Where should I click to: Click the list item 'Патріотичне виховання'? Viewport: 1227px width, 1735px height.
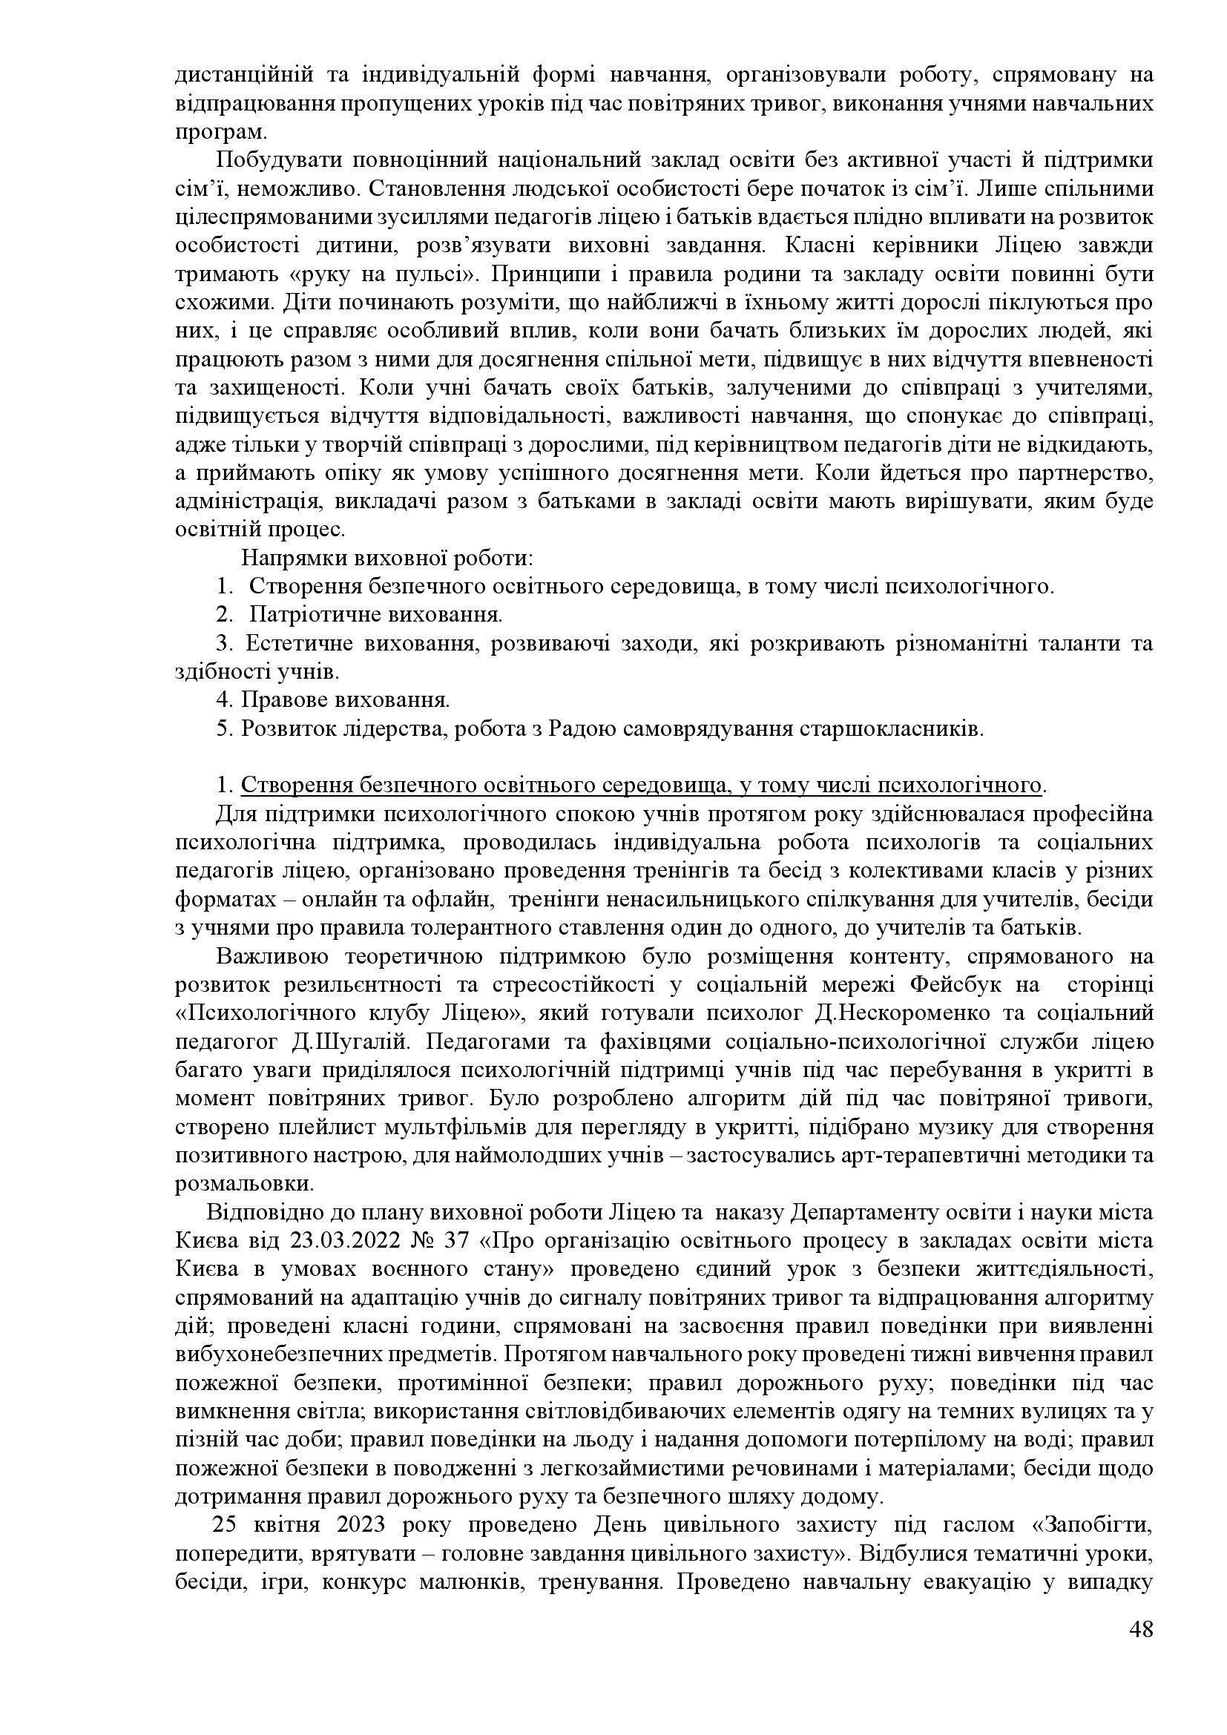click(375, 614)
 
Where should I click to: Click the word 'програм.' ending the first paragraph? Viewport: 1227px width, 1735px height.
click(220, 133)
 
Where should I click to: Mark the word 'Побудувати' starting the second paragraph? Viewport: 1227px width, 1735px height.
click(274, 161)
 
